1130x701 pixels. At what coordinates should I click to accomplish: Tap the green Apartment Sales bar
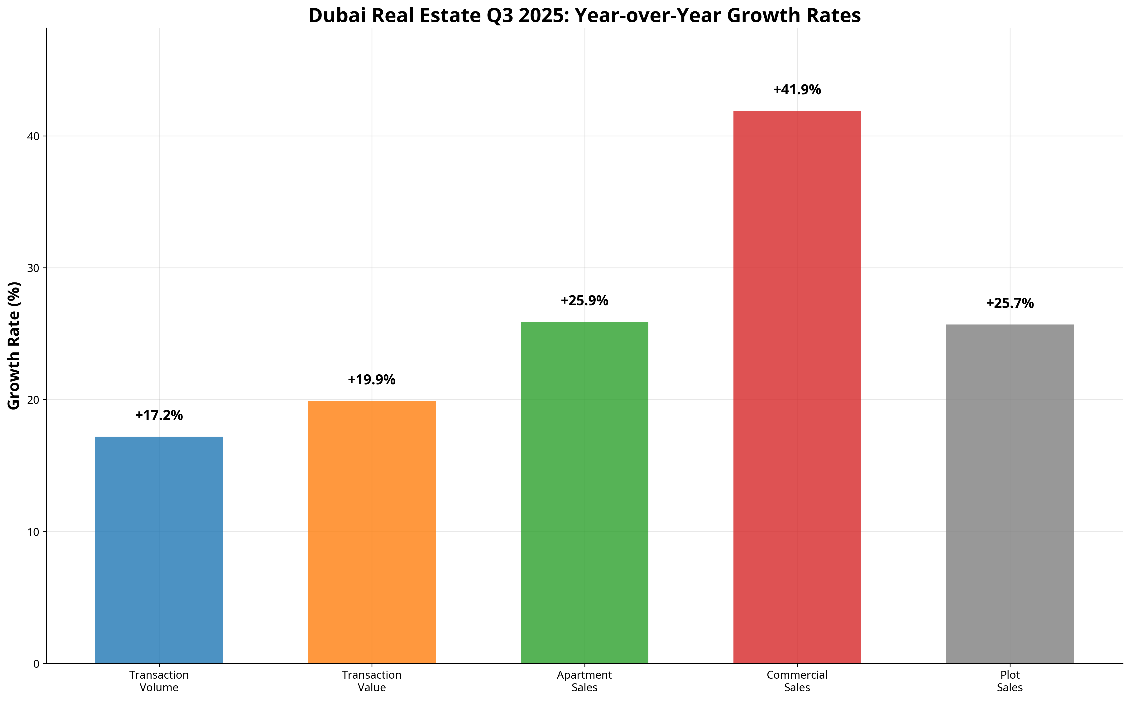(x=584, y=492)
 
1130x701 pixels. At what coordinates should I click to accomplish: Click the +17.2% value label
(x=159, y=415)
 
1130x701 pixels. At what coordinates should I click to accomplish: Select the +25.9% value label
(x=584, y=301)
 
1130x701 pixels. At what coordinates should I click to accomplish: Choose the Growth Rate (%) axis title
(x=14, y=345)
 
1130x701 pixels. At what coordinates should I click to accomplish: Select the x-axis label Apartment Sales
(x=584, y=681)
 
